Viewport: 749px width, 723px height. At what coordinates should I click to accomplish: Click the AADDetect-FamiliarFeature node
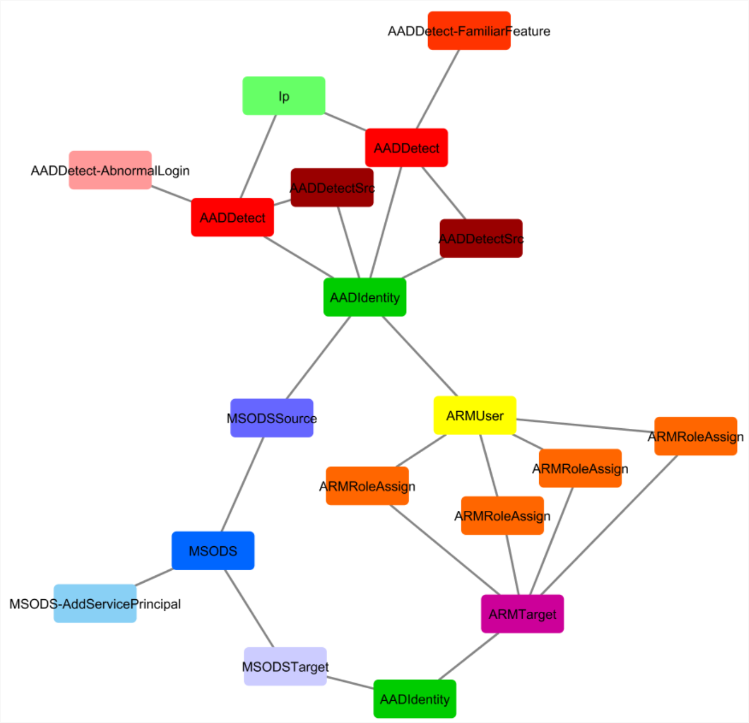[469, 31]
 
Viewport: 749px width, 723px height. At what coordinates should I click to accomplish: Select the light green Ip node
[284, 96]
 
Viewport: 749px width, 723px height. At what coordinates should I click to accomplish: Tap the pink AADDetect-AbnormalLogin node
[110, 170]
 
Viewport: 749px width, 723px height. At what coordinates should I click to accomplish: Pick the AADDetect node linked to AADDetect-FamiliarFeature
[406, 148]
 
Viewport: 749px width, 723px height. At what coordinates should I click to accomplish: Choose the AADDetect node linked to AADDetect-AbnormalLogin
[232, 217]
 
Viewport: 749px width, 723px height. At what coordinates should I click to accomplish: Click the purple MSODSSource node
[271, 418]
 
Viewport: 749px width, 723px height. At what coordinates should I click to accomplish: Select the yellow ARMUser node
[475, 416]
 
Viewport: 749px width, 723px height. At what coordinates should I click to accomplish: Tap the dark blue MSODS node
[213, 551]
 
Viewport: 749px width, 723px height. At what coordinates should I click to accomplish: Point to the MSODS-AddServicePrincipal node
[95, 603]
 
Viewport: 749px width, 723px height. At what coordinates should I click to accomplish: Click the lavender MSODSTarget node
[285, 666]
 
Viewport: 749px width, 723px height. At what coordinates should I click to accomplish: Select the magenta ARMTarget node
[522, 614]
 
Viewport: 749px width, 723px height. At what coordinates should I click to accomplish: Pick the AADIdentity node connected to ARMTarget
[414, 698]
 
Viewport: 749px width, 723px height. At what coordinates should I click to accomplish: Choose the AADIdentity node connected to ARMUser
[365, 297]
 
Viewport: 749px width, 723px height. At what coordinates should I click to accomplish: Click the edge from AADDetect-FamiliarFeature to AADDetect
[438, 89]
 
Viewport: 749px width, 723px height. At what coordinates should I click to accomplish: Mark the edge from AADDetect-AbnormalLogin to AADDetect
[172, 194]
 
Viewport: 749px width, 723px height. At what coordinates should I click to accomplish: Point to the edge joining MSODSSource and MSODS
[242, 484]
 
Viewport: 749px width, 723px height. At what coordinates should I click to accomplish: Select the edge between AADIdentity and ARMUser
[420, 356]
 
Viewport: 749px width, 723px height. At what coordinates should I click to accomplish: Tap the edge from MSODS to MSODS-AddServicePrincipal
[154, 577]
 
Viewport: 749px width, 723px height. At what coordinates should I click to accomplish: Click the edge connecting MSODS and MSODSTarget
[249, 608]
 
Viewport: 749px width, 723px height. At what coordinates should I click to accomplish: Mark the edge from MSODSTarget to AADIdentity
[350, 683]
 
